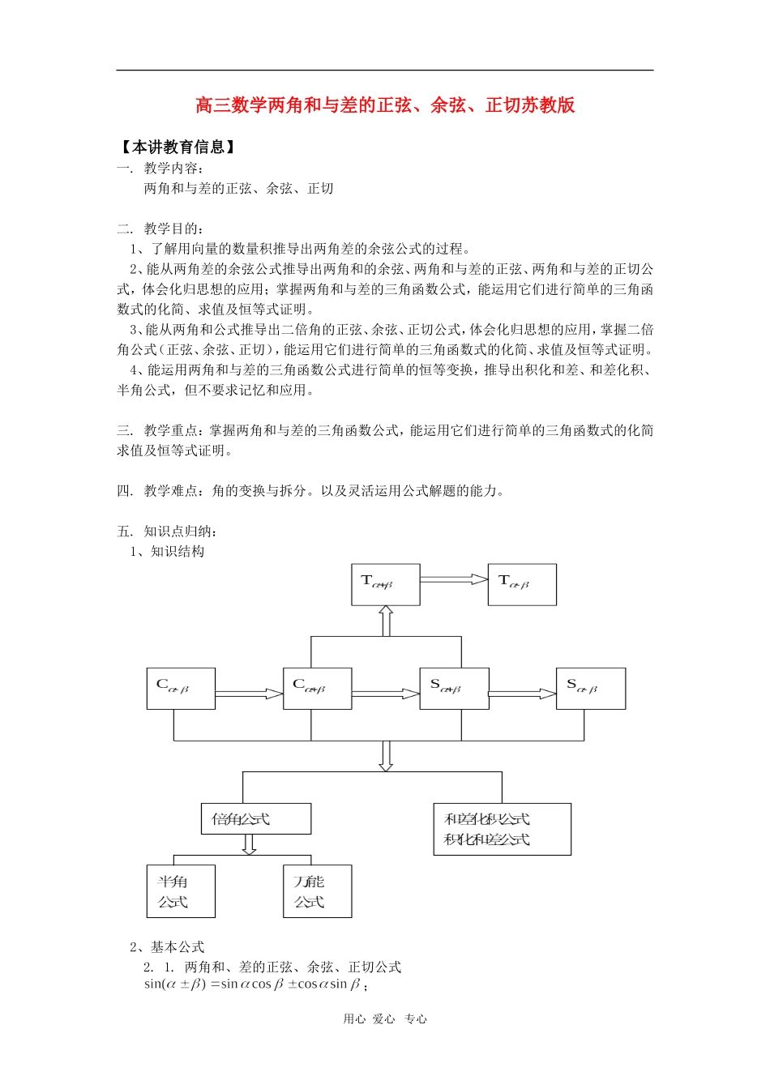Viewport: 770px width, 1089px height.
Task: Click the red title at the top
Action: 385,105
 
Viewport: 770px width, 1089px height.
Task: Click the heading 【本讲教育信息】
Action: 178,147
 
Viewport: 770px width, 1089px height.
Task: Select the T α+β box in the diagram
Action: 385,584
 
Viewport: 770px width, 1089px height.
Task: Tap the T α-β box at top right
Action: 522,584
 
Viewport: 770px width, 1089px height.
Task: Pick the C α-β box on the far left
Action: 181,689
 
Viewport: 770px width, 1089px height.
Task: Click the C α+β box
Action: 317,689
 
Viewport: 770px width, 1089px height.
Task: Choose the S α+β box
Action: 454,689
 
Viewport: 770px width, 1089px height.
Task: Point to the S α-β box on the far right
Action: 590,689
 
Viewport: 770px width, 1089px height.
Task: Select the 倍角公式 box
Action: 255,818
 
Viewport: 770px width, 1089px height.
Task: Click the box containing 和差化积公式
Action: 502,829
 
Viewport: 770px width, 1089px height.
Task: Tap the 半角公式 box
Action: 181,891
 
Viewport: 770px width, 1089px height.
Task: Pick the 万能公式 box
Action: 317,891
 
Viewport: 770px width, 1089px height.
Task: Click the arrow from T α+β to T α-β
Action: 454,579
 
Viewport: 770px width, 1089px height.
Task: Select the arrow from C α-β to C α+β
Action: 249,694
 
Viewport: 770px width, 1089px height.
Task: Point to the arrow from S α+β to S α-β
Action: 522,694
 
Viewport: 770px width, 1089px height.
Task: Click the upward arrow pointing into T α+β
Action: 386,621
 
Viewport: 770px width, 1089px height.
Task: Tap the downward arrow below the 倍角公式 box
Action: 250,844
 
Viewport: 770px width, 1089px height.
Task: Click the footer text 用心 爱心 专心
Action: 385,1019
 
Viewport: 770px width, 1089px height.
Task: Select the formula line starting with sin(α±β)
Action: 255,984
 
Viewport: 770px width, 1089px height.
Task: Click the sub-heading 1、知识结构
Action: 168,552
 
